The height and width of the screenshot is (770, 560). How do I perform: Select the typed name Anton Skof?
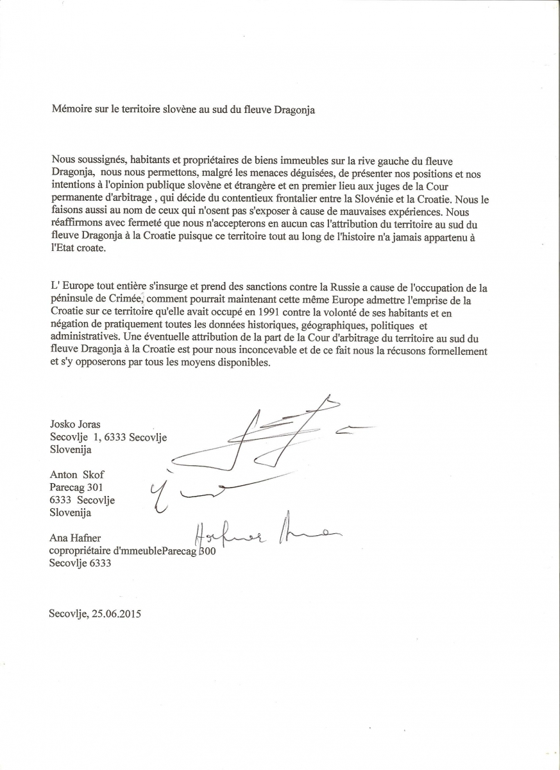76,475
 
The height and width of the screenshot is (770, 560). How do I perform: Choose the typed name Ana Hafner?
74,538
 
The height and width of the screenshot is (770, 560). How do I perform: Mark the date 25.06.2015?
116,613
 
